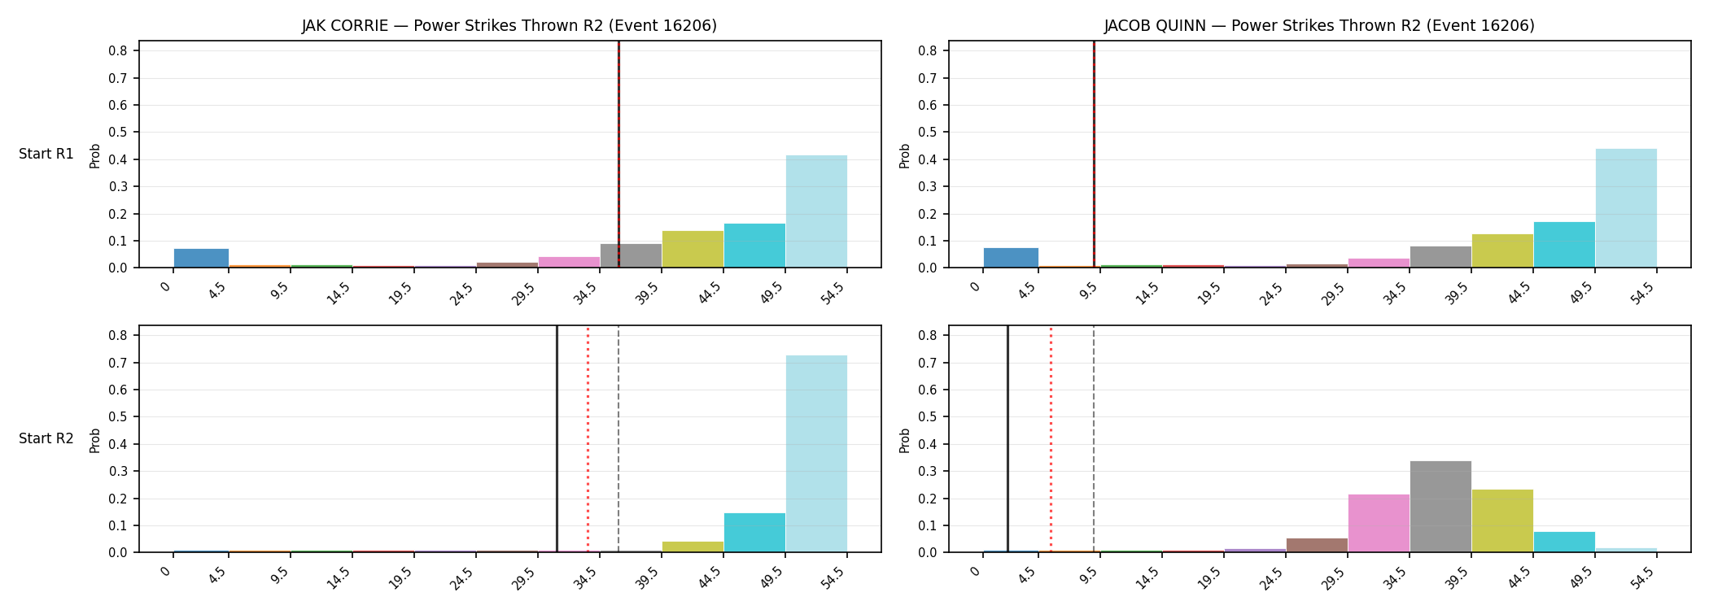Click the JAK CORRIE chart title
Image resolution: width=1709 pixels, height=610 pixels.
509,26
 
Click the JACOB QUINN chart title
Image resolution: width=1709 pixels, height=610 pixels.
1319,26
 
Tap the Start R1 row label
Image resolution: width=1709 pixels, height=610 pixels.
46,155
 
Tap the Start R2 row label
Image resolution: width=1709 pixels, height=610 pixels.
46,439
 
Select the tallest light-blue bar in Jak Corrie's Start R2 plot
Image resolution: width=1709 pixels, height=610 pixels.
816,454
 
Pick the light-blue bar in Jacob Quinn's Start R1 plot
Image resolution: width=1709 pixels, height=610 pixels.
1626,208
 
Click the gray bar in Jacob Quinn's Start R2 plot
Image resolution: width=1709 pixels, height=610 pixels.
1440,507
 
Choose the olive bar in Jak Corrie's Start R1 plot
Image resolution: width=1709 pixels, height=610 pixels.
693,249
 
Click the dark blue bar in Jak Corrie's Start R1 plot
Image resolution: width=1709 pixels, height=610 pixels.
201,258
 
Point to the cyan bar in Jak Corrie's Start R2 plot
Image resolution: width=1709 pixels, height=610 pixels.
754,533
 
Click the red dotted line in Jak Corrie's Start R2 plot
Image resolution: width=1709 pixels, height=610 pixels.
588,439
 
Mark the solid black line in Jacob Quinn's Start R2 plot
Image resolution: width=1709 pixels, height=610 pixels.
1007,439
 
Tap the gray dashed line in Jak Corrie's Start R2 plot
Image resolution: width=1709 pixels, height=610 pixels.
618,439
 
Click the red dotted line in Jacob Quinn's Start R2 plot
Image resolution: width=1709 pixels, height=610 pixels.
1051,439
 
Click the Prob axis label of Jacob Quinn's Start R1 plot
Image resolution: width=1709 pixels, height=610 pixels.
905,155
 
